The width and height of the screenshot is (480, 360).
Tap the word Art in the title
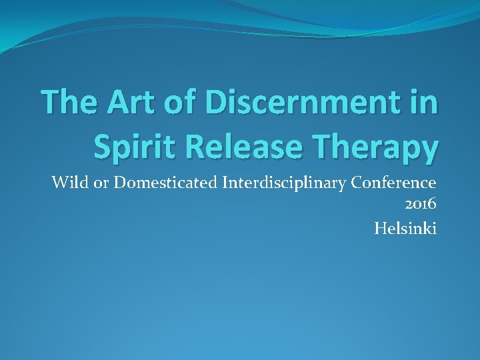[131, 103]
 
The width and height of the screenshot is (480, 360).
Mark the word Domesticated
[165, 183]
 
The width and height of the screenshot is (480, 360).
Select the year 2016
[421, 206]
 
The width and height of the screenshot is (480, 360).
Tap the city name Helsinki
[405, 229]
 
